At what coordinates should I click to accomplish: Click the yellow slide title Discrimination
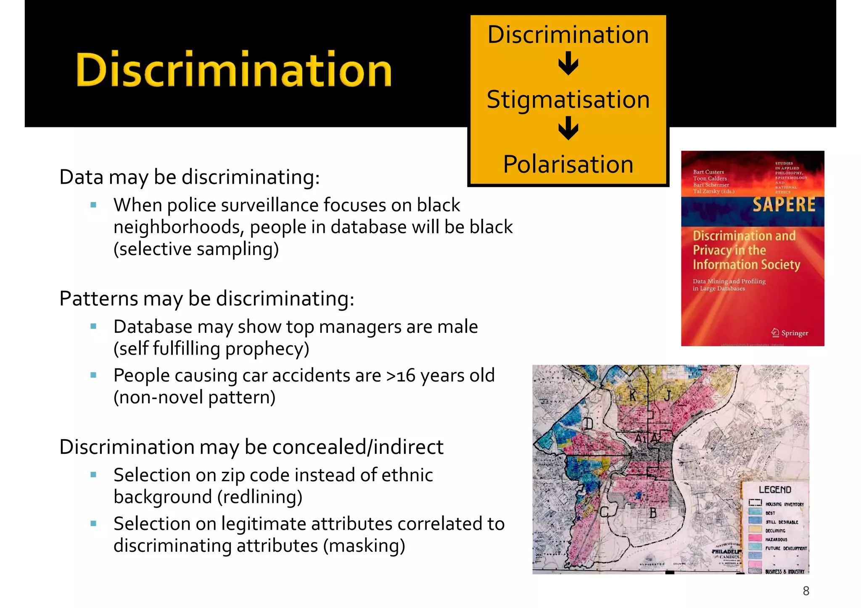pyautogui.click(x=234, y=69)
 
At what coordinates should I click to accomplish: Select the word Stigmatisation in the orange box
pyautogui.click(x=568, y=100)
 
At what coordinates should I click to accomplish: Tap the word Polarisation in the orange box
pyautogui.click(x=568, y=164)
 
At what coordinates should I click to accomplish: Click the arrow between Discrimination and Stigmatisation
pyautogui.click(x=568, y=64)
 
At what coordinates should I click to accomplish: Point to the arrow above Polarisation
pyautogui.click(x=568, y=129)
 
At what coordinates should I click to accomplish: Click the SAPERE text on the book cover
pyautogui.click(x=784, y=205)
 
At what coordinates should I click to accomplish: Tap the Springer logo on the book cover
pyautogui.click(x=790, y=333)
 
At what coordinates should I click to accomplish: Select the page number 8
pyautogui.click(x=806, y=591)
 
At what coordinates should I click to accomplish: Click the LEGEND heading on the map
pyautogui.click(x=775, y=490)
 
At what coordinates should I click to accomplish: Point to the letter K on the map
pyautogui.click(x=633, y=396)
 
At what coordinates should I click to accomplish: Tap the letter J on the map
pyautogui.click(x=667, y=395)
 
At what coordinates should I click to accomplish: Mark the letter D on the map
pyautogui.click(x=589, y=424)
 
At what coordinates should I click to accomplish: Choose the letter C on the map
pyautogui.click(x=604, y=512)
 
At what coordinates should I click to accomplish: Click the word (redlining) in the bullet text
pyautogui.click(x=260, y=497)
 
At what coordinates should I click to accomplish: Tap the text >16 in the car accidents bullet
pyautogui.click(x=401, y=376)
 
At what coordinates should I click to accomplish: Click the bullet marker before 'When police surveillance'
pyautogui.click(x=93, y=205)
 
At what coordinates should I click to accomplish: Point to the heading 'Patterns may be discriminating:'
pyautogui.click(x=207, y=299)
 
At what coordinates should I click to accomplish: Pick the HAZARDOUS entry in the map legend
pyautogui.click(x=776, y=540)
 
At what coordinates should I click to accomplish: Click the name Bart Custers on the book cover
pyautogui.click(x=708, y=172)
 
